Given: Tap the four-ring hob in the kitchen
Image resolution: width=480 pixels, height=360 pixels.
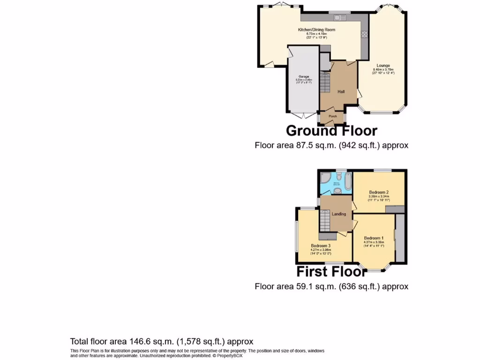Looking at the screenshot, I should click(364, 34).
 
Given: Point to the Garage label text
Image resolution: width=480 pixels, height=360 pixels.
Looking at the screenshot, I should click(304, 76).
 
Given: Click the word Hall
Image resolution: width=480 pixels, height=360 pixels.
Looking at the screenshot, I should click(341, 91).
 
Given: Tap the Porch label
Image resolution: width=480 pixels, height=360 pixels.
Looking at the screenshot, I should click(332, 116).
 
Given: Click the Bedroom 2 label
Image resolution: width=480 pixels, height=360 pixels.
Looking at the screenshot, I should click(379, 192).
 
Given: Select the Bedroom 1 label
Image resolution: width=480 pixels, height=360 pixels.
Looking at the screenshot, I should click(374, 238).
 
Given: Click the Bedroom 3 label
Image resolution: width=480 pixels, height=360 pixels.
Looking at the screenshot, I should click(320, 246).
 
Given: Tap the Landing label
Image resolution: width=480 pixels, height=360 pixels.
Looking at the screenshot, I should click(339, 214).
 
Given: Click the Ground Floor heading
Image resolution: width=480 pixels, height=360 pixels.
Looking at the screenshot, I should click(331, 130).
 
